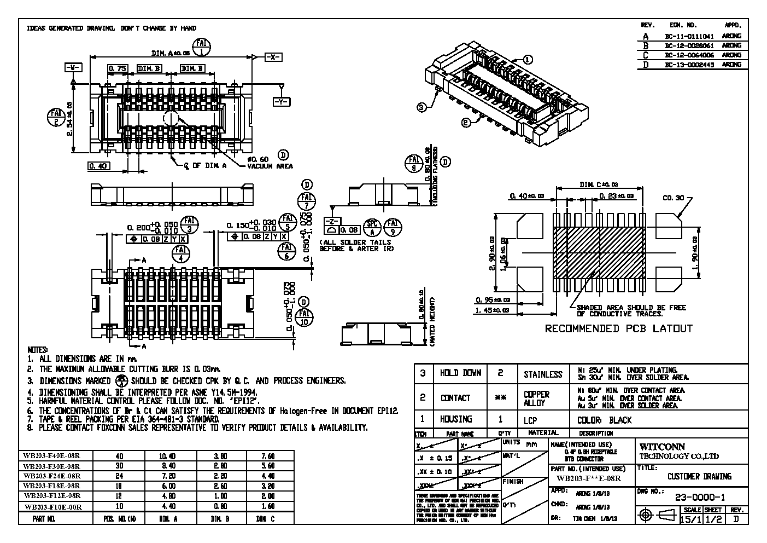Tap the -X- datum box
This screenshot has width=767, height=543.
(x=273, y=57)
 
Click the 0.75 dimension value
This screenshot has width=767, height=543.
(x=118, y=68)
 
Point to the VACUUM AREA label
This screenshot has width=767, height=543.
(x=270, y=166)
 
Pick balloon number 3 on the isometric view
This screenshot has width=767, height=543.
(x=421, y=107)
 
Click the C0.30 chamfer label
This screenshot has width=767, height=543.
(x=673, y=198)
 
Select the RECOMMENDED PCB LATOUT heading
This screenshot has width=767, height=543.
(x=618, y=329)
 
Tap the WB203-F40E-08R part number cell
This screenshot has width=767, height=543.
(x=52, y=455)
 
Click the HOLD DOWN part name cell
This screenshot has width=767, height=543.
(x=460, y=373)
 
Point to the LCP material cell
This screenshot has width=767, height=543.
(x=530, y=420)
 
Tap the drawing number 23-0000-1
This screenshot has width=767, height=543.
(x=700, y=498)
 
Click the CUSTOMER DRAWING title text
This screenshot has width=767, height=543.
(x=699, y=477)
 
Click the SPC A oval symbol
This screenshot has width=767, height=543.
(x=372, y=226)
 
